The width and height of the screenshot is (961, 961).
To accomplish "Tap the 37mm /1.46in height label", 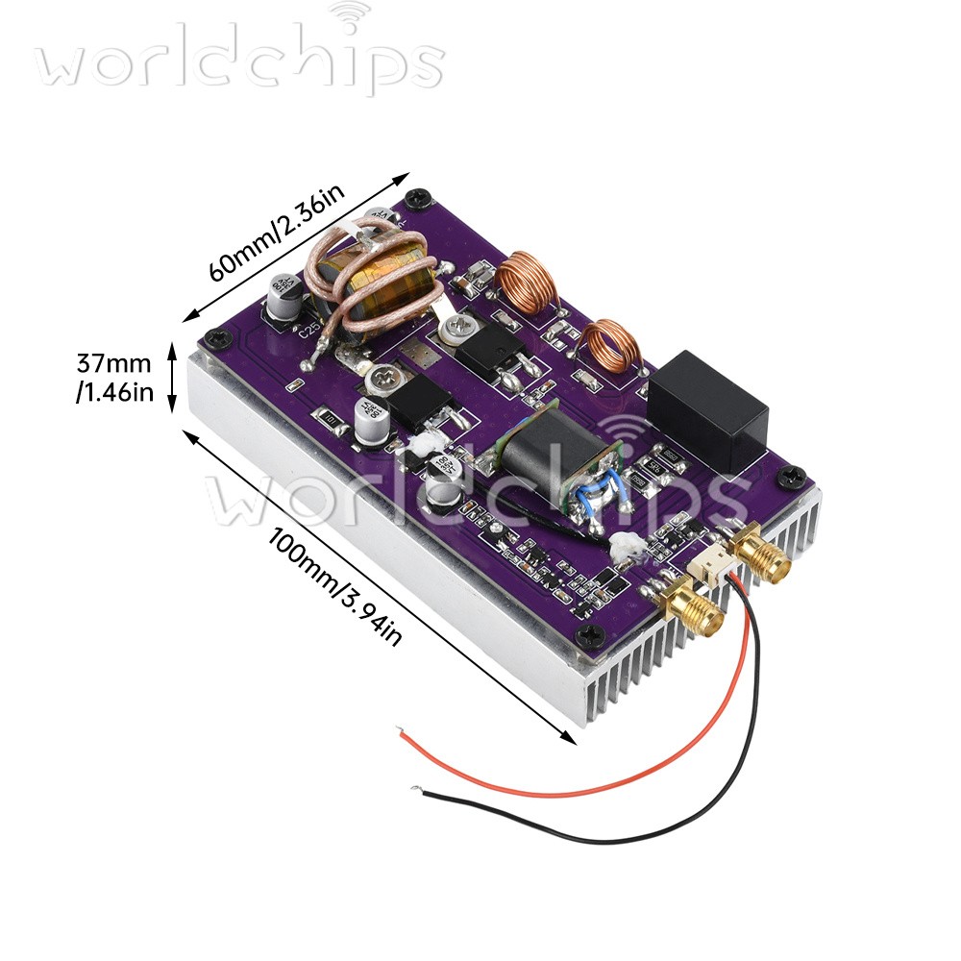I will tap(114, 378).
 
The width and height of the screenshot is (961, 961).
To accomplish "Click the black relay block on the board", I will tap(708, 409).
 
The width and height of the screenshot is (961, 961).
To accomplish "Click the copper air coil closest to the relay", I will tap(610, 345).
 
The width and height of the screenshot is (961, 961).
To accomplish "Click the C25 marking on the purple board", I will tap(311, 333).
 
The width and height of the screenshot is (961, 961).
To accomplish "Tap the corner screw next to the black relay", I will tap(792, 475).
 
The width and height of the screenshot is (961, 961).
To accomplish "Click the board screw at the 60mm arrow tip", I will tap(415, 199).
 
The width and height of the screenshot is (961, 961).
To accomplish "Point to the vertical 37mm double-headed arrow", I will tap(173, 378).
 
